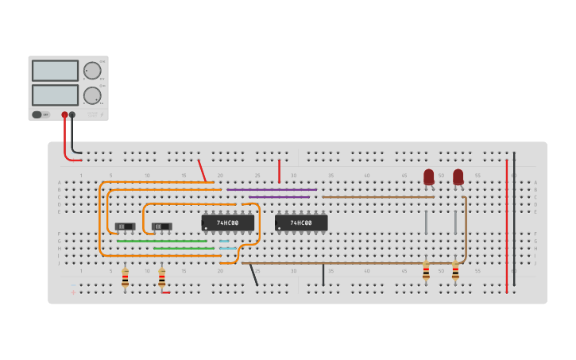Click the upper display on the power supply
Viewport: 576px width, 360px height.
(x=55, y=71)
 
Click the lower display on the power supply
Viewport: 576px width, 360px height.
(x=55, y=95)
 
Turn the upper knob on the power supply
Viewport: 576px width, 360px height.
(x=93, y=70)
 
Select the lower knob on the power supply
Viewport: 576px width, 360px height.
(x=92, y=95)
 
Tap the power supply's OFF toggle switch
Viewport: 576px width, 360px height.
(x=37, y=114)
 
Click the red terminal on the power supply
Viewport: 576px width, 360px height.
(x=65, y=114)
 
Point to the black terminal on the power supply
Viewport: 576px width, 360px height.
(x=72, y=114)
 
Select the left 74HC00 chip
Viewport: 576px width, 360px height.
(x=227, y=223)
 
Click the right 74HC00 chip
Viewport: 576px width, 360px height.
(x=301, y=223)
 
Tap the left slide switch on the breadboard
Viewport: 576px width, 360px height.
(x=125, y=226)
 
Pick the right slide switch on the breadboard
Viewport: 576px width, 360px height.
(x=162, y=226)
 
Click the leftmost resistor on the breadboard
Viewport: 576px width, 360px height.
(x=125, y=277)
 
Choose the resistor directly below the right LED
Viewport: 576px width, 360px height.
(x=455, y=272)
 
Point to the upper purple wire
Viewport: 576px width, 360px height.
(x=272, y=189)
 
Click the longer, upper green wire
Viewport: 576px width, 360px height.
(x=162, y=241)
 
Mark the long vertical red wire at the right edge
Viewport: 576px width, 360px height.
(x=507, y=226)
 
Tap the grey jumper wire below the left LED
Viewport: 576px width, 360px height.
(x=426, y=223)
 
